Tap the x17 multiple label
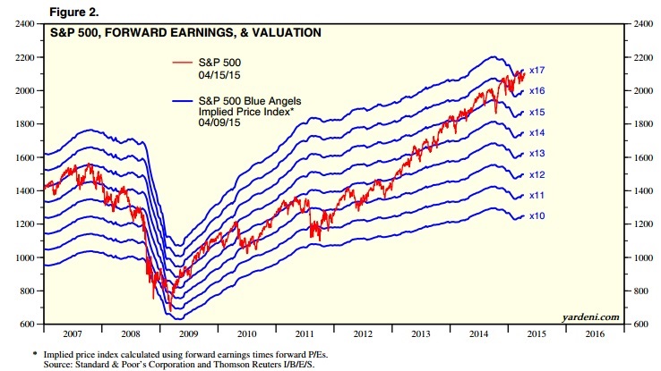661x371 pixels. point(537,70)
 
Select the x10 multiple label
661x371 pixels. point(537,216)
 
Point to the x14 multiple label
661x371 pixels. point(537,132)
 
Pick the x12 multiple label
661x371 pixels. point(537,174)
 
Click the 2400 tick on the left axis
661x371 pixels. point(24,24)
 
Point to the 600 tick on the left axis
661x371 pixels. point(26,324)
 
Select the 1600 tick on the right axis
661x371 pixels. point(646,157)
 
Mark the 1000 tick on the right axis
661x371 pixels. point(646,257)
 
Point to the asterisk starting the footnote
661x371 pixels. point(10,352)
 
